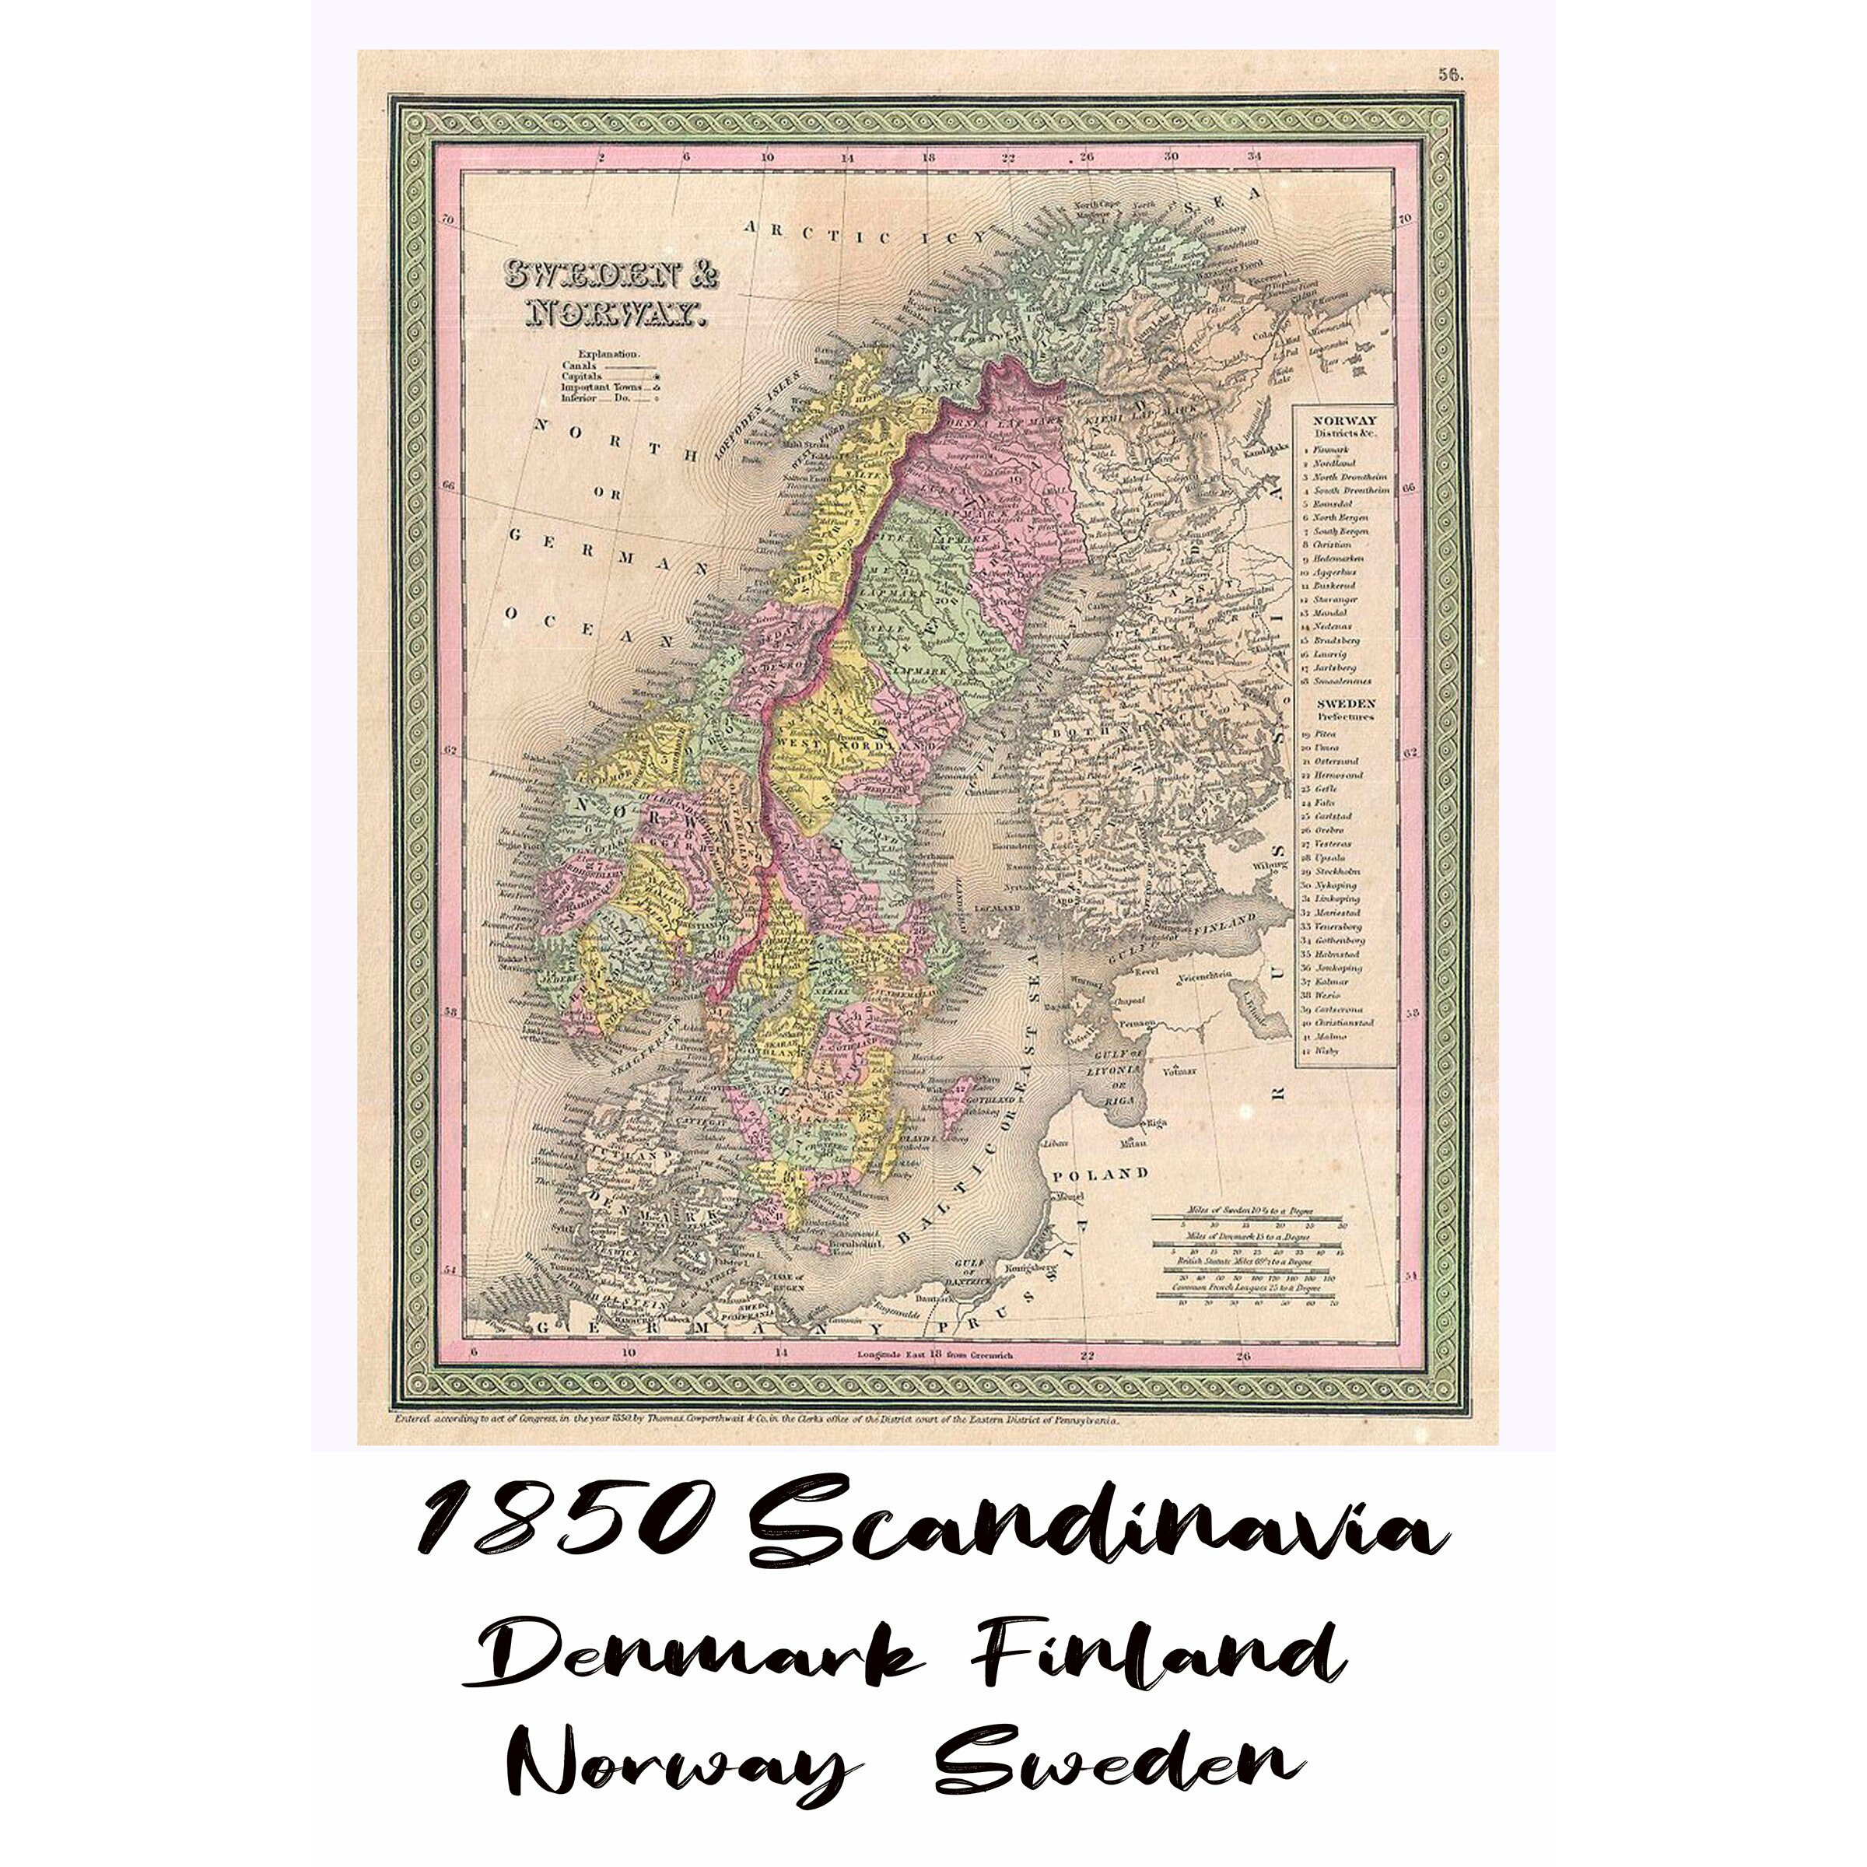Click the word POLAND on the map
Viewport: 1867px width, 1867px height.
(x=1101, y=1175)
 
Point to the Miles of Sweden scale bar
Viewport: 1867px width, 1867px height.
(x=1246, y=1214)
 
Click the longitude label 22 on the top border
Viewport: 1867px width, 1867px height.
(x=1008, y=156)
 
